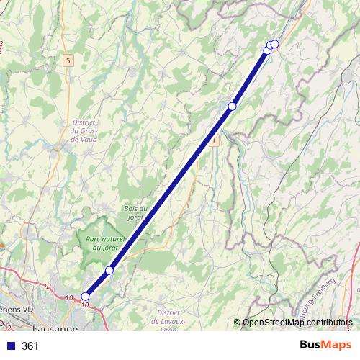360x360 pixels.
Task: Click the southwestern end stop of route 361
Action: [85, 296]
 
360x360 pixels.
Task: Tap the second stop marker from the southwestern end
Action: [109, 270]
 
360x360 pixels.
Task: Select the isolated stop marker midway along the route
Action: [232, 107]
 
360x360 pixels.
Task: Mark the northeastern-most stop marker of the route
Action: [274, 44]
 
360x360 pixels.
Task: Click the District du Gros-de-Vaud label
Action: [84, 130]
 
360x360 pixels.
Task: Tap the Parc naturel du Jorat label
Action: [105, 243]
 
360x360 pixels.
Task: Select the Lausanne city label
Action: [56, 328]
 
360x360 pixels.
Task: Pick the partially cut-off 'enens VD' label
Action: [17, 309]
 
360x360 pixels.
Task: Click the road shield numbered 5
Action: [68, 60]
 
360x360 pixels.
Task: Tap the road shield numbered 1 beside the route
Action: [214, 141]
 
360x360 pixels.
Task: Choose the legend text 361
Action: [30, 346]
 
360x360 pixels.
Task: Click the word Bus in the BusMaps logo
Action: [311, 345]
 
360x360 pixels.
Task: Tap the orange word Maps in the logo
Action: [338, 345]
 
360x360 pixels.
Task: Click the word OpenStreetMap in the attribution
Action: [273, 323]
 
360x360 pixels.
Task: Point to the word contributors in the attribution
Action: [329, 323]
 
